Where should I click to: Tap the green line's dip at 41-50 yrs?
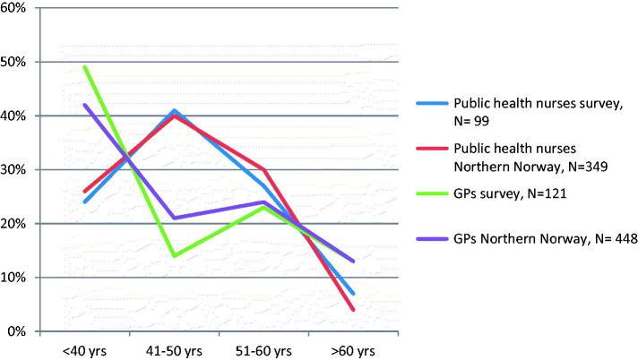[174, 255]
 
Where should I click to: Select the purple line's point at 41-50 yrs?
[174, 218]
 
